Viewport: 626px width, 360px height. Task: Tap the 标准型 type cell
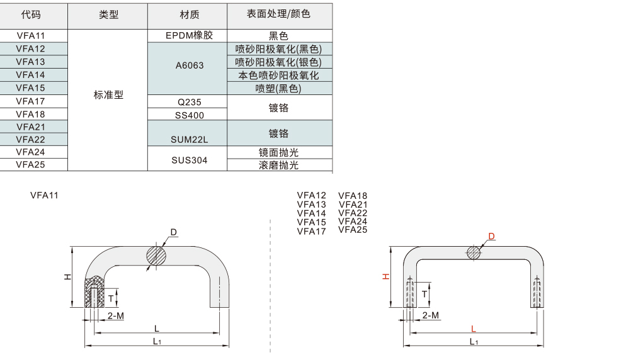coord(108,95)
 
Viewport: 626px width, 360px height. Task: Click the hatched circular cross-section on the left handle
coord(157,255)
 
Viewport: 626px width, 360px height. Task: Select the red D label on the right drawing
coord(492,236)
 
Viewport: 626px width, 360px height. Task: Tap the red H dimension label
coord(386,276)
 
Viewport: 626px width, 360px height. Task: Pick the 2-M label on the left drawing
coord(115,315)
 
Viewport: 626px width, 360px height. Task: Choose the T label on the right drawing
coord(424,293)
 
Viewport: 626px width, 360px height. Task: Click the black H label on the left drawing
coord(67,276)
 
